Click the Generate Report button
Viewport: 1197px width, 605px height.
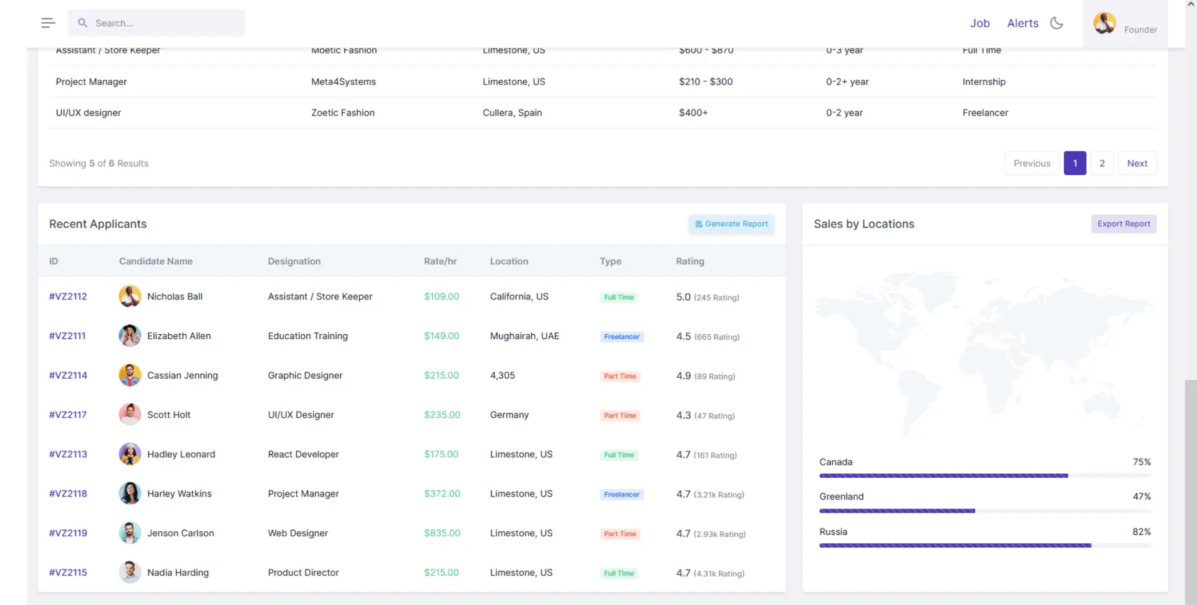coord(731,224)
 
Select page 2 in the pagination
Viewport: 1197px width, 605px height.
coord(1102,163)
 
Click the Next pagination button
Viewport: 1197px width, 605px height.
coord(1137,163)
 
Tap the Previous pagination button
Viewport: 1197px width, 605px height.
coord(1031,163)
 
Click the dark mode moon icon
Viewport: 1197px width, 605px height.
coord(1056,23)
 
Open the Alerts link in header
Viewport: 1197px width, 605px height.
coord(1022,23)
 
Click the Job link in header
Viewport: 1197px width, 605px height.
coord(979,23)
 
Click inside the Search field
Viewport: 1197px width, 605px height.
coord(162,23)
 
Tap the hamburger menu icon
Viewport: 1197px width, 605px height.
coord(48,23)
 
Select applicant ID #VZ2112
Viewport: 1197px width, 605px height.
coord(68,296)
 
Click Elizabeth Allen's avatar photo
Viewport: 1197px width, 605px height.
coord(130,336)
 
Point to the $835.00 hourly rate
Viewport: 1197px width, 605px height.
coord(442,533)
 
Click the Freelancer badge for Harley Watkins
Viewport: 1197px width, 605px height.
coord(622,495)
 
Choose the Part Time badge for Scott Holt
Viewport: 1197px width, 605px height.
coord(620,415)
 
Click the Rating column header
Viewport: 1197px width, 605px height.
coord(690,261)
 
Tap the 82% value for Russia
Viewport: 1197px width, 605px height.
coord(1141,532)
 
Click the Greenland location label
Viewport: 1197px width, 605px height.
coord(841,496)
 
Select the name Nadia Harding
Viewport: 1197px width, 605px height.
coord(178,573)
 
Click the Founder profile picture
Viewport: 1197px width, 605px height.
coord(1104,23)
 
